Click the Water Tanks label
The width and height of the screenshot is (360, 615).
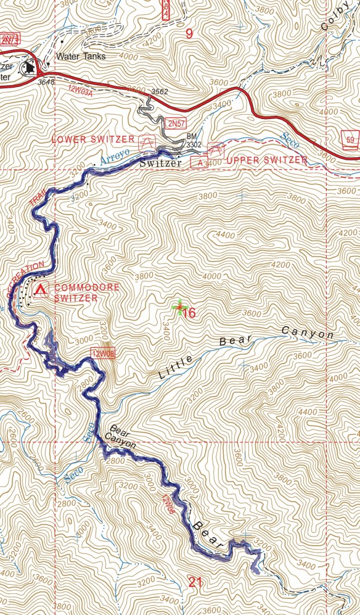[x=81, y=57]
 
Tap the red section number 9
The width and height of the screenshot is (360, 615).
[x=189, y=35]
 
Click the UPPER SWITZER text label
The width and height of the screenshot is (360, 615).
[x=267, y=160]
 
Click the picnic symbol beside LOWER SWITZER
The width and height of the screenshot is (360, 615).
[x=147, y=141]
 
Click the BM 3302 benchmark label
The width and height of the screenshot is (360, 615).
[x=194, y=141]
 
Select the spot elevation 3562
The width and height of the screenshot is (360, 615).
[x=160, y=92]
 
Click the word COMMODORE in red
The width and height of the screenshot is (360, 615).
[x=81, y=287]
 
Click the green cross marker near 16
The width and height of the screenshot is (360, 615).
[x=180, y=307]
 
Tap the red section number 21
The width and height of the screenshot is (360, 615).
[x=195, y=582]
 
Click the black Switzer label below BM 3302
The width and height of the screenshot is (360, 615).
[x=160, y=163]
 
